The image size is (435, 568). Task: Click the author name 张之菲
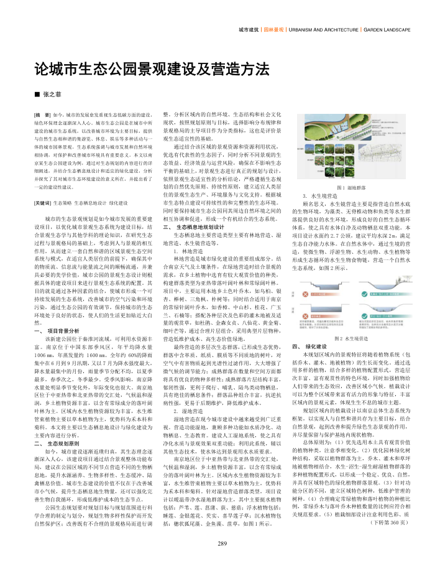(x=53, y=94)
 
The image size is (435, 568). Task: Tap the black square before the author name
(x=37, y=94)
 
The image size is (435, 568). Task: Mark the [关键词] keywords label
(x=43, y=186)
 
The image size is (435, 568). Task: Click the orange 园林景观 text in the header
(x=273, y=29)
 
